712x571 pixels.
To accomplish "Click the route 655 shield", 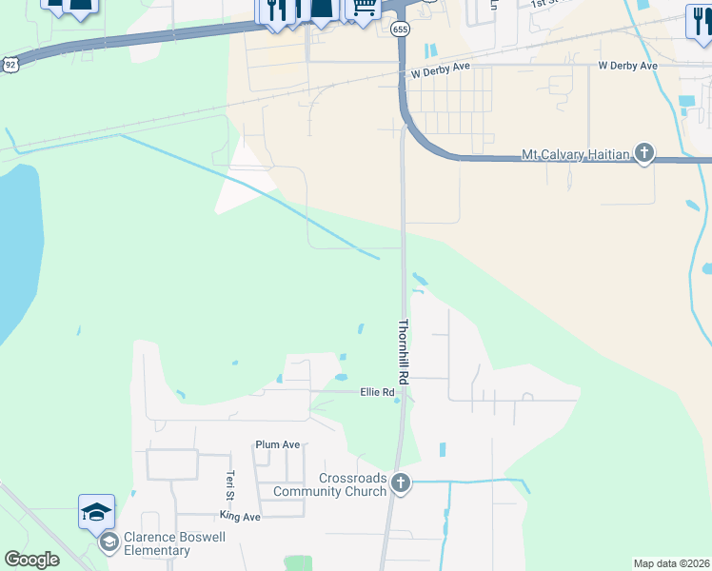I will (x=400, y=30).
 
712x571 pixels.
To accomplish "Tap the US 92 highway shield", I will (x=10, y=64).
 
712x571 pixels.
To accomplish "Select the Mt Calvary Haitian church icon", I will (x=644, y=154).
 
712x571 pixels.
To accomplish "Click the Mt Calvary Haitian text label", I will (x=576, y=155).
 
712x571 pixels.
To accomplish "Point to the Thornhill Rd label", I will (x=404, y=352).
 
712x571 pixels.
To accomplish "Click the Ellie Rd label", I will (x=377, y=392).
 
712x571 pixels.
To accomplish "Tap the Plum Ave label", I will (x=277, y=444).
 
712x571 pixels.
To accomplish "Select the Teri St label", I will (x=229, y=486).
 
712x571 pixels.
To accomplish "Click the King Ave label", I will (x=240, y=516).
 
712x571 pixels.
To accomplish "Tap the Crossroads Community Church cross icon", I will (x=401, y=483).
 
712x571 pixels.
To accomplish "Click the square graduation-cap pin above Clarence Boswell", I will (x=96, y=512).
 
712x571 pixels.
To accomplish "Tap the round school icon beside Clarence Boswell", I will (x=109, y=542).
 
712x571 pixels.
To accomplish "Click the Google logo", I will (x=31, y=560).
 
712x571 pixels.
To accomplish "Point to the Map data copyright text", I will (x=672, y=563).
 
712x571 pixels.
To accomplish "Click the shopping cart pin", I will (x=363, y=8).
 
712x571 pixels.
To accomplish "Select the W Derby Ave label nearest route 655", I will (x=443, y=73).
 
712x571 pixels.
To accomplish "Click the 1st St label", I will (x=545, y=4).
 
